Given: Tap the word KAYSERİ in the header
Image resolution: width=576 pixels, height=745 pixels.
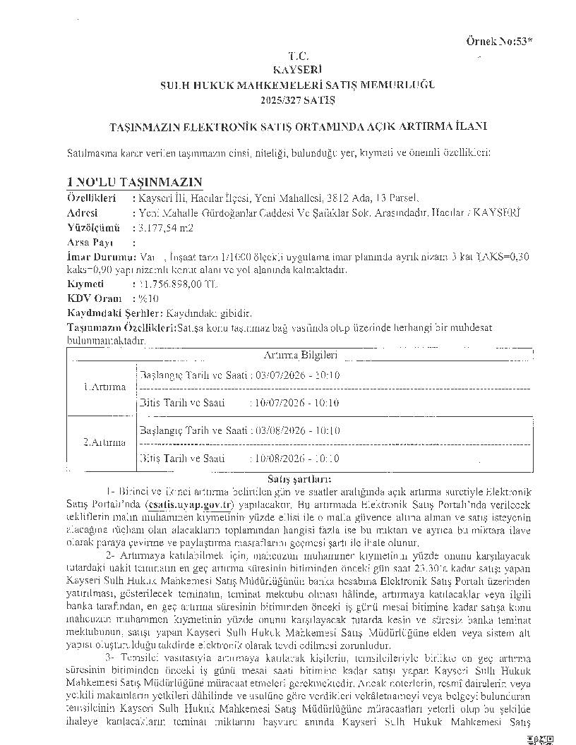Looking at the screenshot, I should click(x=297, y=69).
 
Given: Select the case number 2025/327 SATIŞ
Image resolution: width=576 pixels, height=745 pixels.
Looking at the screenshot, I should click(x=297, y=99).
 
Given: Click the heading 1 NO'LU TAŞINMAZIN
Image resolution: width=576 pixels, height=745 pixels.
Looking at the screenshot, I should click(x=135, y=181).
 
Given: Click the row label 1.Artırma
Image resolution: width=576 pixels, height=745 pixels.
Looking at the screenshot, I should click(x=104, y=387).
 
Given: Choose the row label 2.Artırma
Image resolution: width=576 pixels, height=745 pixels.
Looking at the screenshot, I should click(x=104, y=442).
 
